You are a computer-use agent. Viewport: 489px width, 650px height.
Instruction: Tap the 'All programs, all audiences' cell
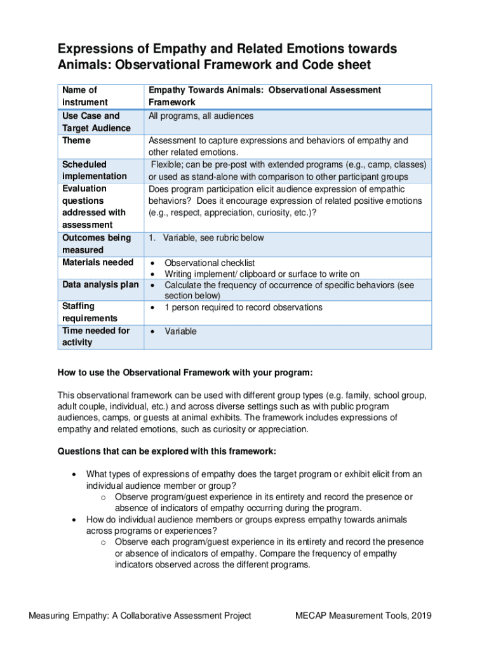[201, 116]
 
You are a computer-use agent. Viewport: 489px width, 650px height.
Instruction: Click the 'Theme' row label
[76, 140]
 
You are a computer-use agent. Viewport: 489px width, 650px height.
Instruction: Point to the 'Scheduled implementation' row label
[94, 170]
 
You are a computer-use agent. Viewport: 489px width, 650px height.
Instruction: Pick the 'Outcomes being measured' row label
[97, 244]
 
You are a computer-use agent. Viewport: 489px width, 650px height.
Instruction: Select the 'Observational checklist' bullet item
[209, 263]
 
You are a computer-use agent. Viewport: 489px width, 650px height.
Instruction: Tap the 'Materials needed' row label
[98, 262]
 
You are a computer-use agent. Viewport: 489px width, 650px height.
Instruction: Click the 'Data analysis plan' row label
[100, 285]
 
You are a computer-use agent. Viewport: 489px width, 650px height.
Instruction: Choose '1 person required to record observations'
[243, 307]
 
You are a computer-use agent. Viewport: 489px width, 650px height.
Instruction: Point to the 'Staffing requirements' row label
[90, 312]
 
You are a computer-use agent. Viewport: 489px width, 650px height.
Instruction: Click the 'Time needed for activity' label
[96, 336]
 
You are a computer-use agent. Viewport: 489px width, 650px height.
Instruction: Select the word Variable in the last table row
[180, 331]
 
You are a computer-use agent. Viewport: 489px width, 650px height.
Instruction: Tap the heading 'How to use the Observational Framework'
[185, 372]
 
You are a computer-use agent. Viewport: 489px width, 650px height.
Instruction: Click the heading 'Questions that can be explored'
[166, 451]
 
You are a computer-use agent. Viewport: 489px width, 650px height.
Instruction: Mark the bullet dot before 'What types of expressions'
[76, 474]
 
